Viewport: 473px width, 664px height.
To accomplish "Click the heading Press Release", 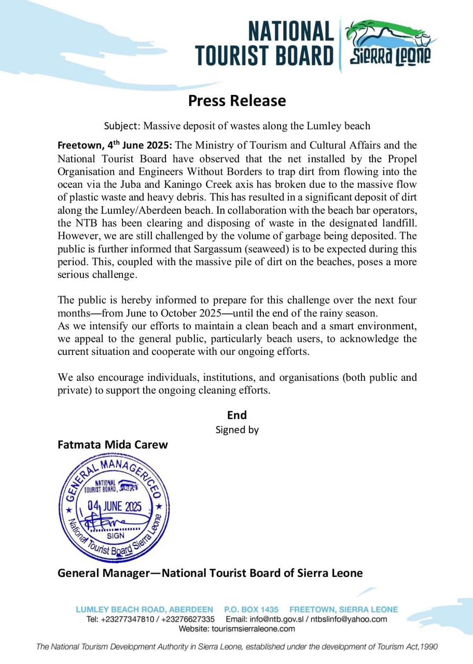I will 236,100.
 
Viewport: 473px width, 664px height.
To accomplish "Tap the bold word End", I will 236,415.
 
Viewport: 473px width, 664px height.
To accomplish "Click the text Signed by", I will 236,430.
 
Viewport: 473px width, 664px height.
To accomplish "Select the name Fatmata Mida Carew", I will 113,445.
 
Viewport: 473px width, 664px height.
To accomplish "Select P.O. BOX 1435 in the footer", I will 251,610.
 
